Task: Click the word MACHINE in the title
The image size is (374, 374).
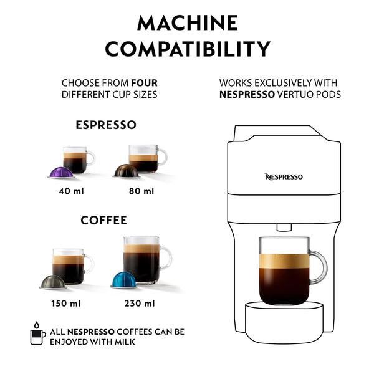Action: click(187, 23)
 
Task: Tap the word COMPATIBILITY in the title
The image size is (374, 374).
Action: click(187, 48)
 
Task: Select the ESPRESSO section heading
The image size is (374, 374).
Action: click(106, 125)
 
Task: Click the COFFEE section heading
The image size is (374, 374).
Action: click(103, 220)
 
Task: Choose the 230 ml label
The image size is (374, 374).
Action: click(140, 304)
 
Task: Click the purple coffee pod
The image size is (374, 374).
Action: click(61, 171)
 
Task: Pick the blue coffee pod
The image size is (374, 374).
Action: click(125, 279)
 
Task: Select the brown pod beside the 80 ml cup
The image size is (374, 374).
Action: click(127, 171)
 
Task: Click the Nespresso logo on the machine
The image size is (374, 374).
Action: click(284, 177)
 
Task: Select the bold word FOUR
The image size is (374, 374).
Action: click(143, 82)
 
